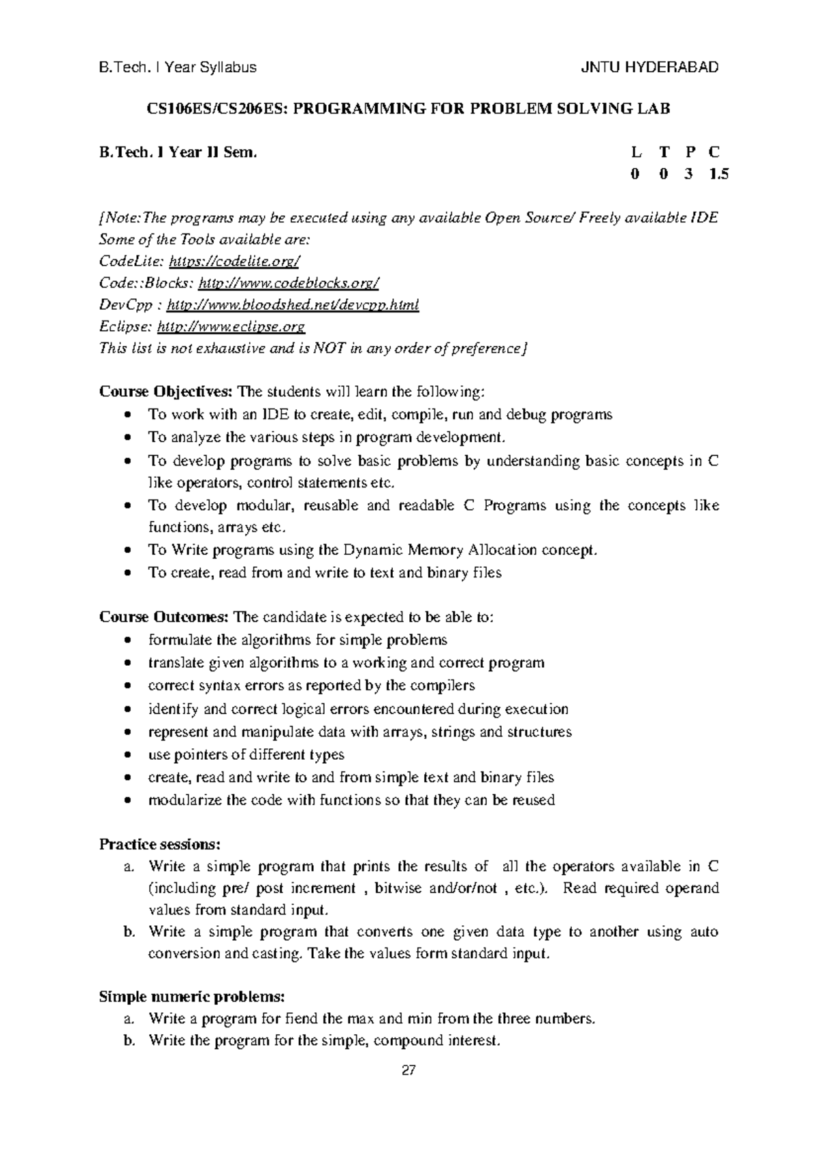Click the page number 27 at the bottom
pyautogui.click(x=408, y=1071)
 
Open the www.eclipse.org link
pyautogui.click(x=231, y=327)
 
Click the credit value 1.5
pyautogui.click(x=718, y=174)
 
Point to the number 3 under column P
pyautogui.click(x=689, y=174)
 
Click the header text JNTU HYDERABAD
pyautogui.click(x=650, y=67)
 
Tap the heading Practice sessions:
pyautogui.click(x=160, y=844)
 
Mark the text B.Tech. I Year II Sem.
pyautogui.click(x=178, y=152)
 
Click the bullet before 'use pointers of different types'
pyautogui.click(x=129, y=755)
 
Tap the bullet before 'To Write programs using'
pyautogui.click(x=129, y=550)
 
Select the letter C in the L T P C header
pyautogui.click(x=714, y=152)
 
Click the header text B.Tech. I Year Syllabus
pyautogui.click(x=178, y=67)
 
